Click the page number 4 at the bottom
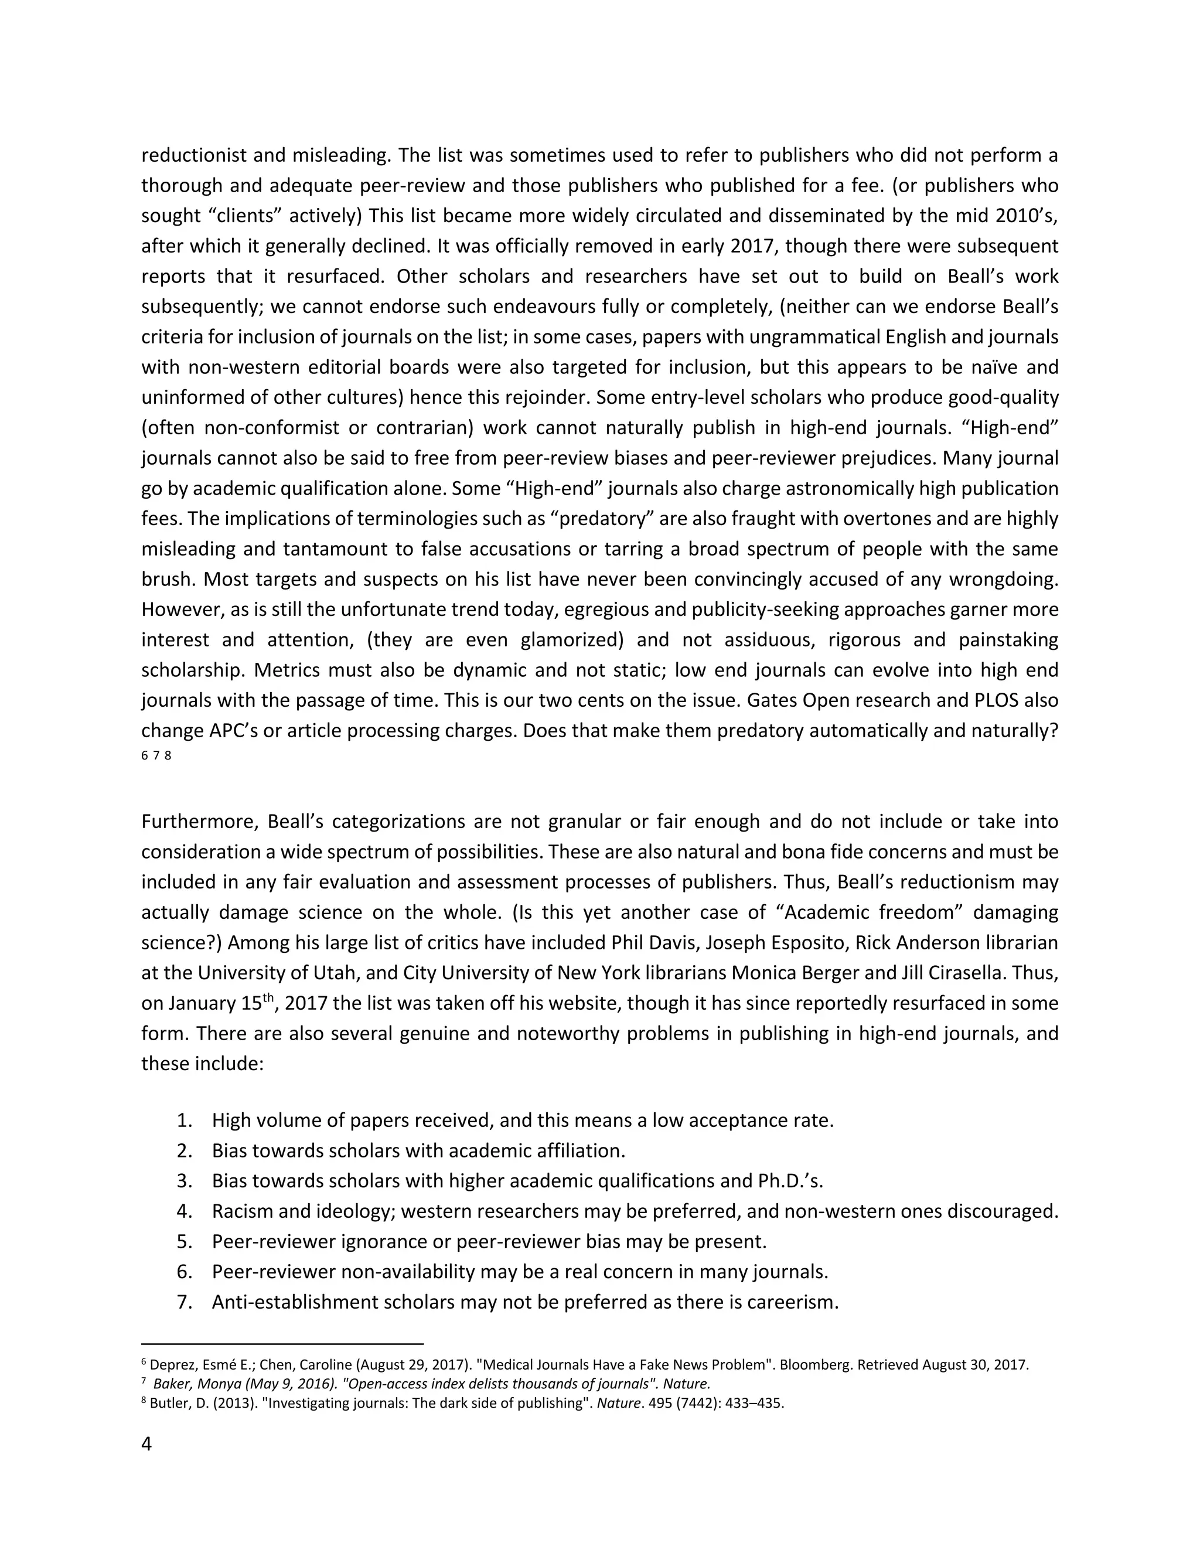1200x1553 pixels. click(x=146, y=1443)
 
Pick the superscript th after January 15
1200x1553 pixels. click(x=268, y=997)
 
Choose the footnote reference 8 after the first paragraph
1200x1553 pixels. click(x=168, y=756)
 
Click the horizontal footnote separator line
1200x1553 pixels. click(x=282, y=1344)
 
